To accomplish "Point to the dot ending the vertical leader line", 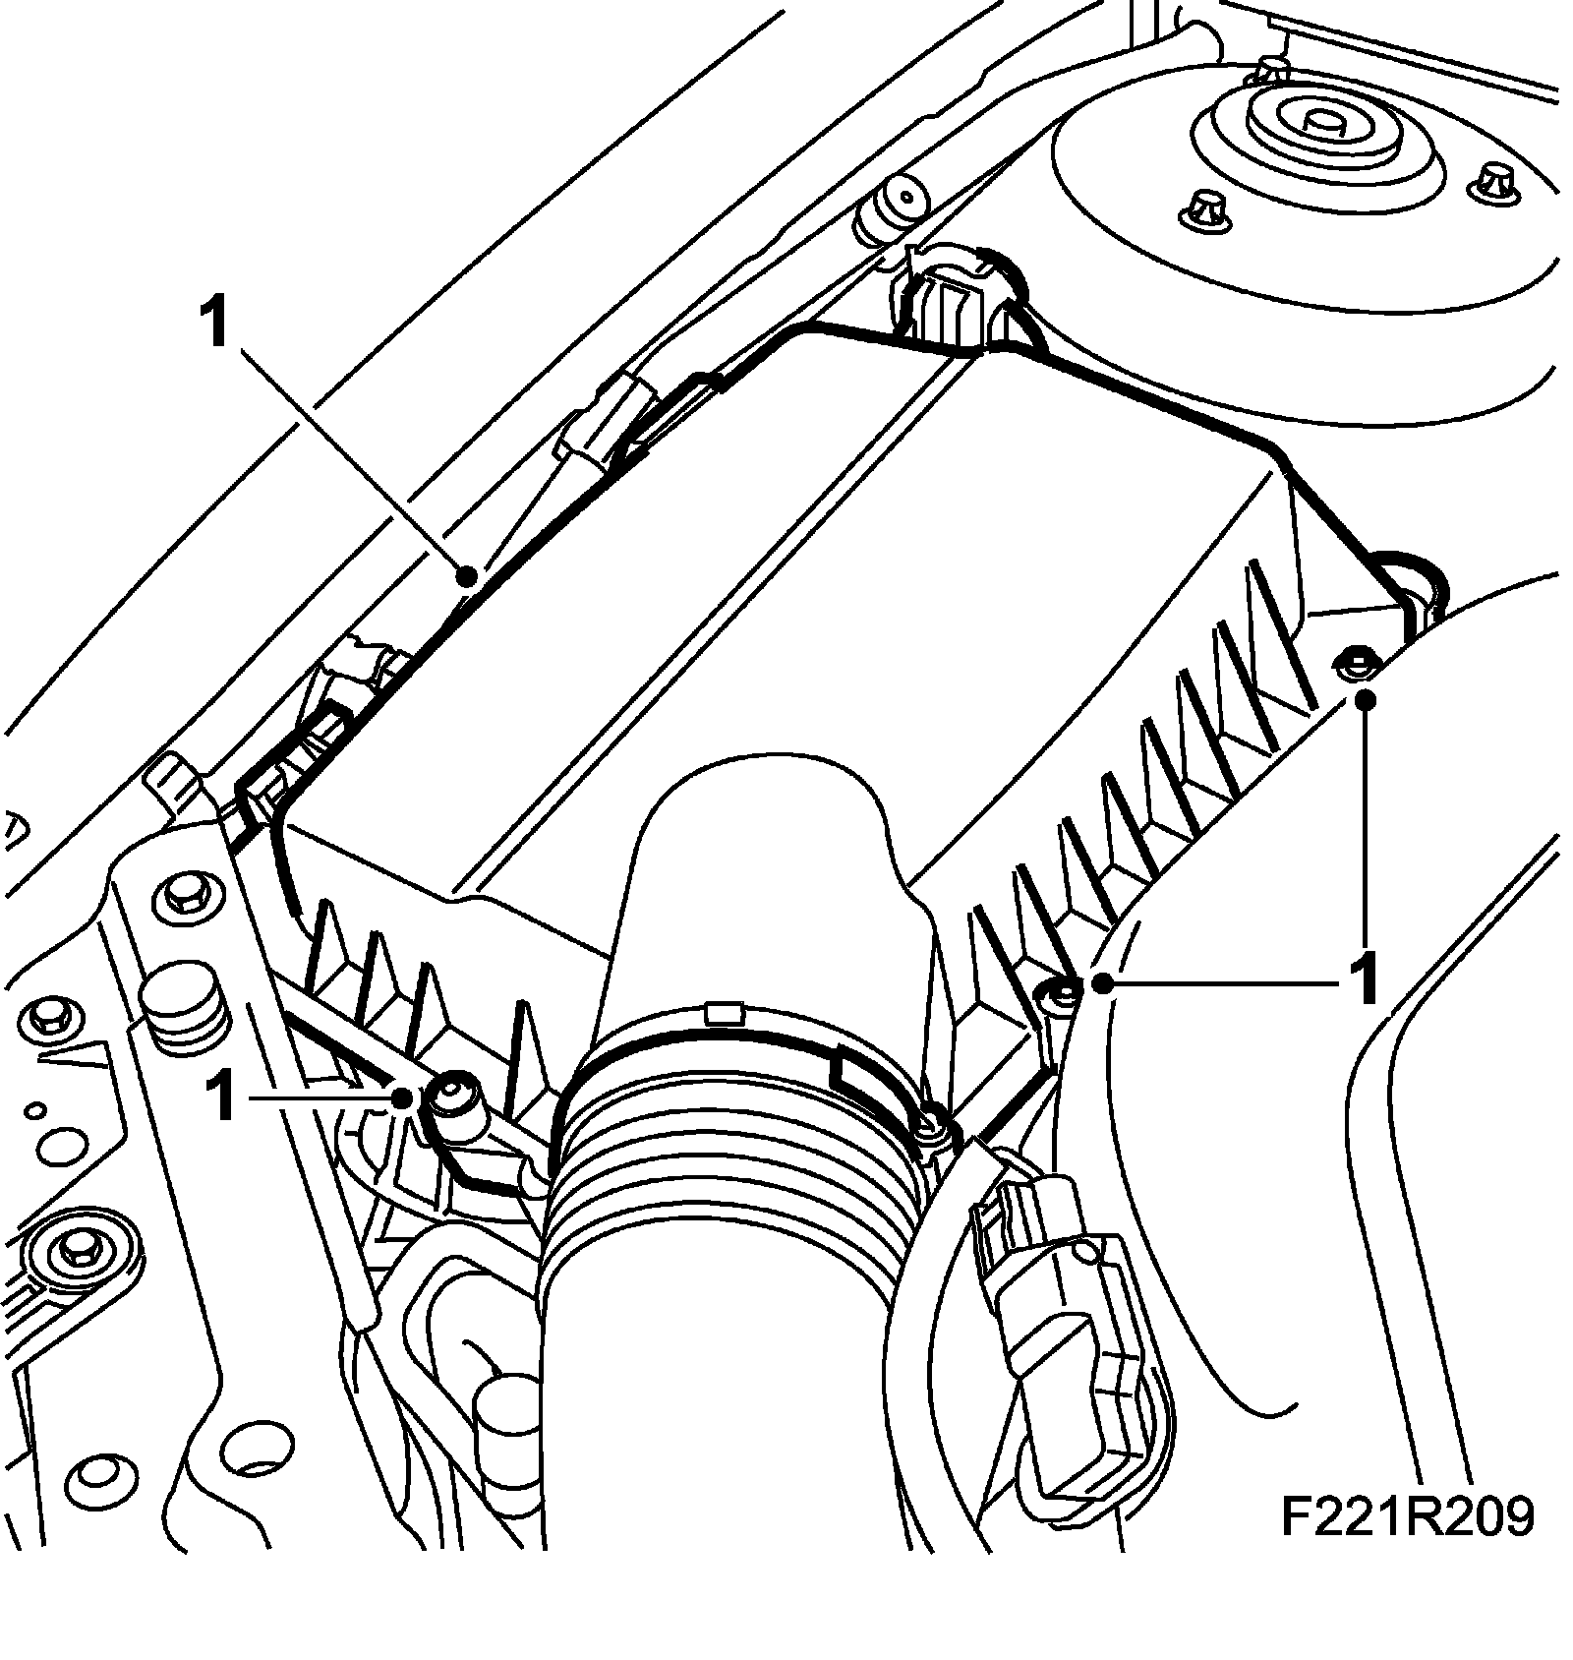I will (x=1365, y=699).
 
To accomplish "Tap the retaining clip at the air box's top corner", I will (x=946, y=295).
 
